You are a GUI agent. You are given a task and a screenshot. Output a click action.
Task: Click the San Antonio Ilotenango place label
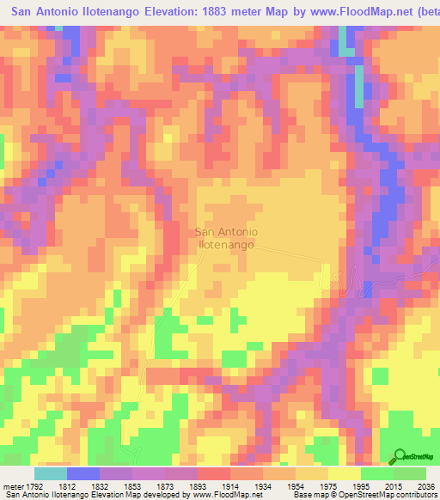(x=227, y=238)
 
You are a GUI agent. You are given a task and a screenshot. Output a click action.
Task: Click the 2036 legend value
(x=425, y=485)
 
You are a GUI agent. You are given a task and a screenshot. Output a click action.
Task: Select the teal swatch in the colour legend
(x=51, y=473)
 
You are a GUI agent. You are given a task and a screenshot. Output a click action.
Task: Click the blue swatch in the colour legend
(x=83, y=473)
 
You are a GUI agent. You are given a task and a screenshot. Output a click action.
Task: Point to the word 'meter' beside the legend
(x=12, y=485)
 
